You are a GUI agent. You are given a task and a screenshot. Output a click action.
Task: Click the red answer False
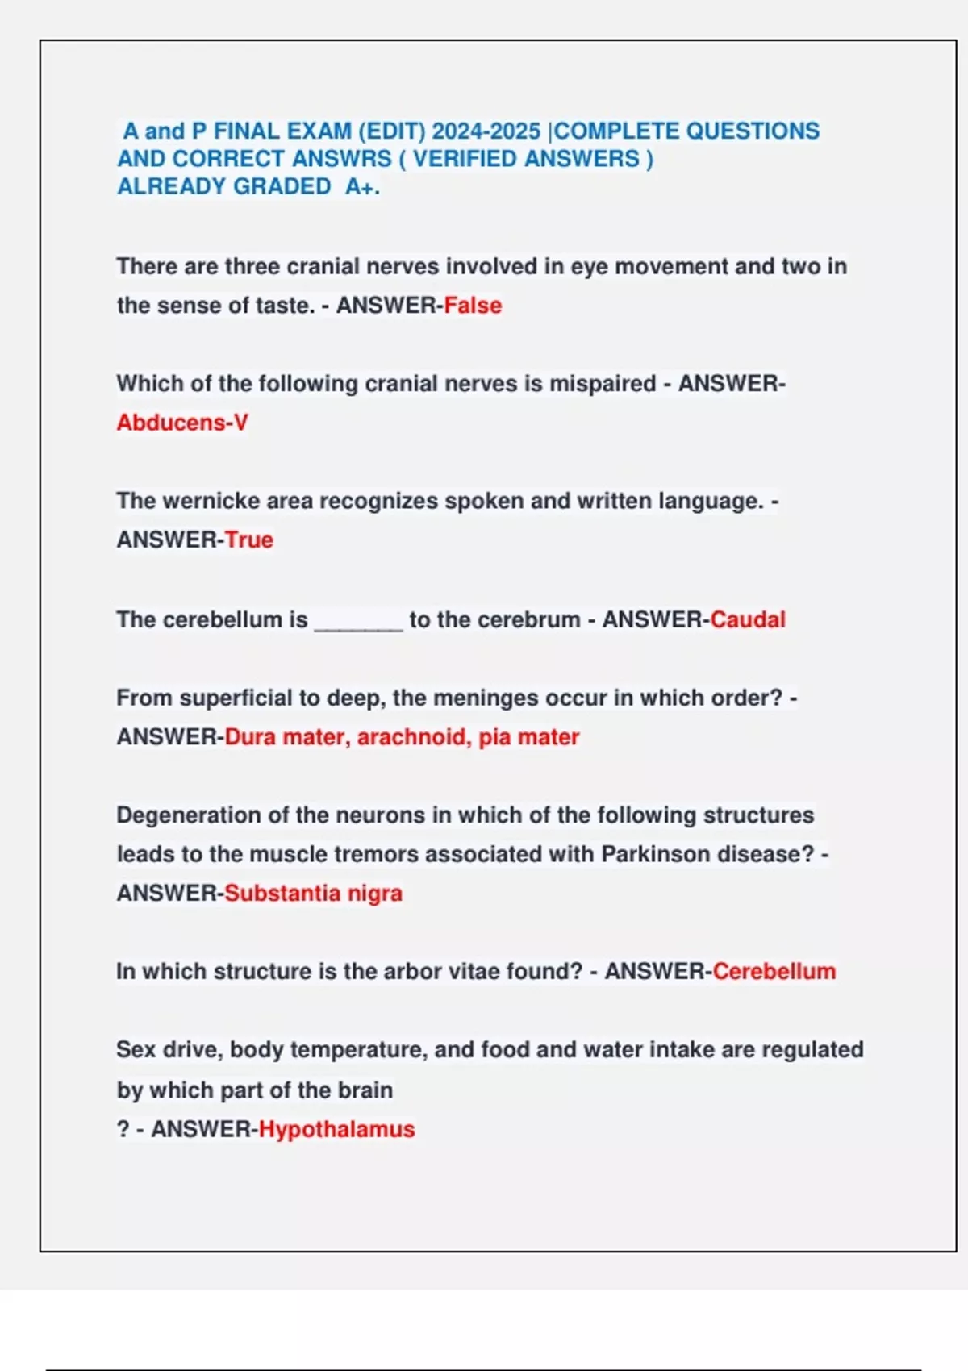(x=473, y=306)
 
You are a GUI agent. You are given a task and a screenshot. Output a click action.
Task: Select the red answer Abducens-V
(x=182, y=423)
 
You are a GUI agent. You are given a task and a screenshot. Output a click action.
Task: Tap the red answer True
(x=249, y=540)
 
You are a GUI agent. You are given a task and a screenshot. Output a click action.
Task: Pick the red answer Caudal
(x=748, y=619)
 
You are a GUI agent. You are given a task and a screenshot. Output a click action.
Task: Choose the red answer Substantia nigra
(x=313, y=894)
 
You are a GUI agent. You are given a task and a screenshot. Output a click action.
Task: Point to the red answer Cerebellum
(x=774, y=971)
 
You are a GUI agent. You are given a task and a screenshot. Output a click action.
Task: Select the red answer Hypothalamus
(x=336, y=1129)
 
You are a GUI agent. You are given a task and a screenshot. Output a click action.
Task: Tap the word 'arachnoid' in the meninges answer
(x=412, y=737)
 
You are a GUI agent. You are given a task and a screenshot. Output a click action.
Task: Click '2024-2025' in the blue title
(x=486, y=131)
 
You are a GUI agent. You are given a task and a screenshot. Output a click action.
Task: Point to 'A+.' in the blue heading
(x=362, y=187)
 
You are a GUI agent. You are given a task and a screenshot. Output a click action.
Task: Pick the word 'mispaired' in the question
(x=603, y=383)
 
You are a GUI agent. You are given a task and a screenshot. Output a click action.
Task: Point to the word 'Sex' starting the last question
(x=134, y=1050)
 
